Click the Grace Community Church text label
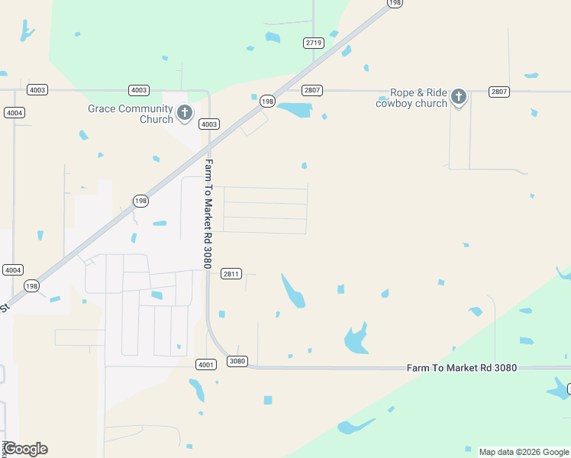(x=131, y=114)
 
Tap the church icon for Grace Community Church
(x=184, y=114)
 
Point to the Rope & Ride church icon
(x=458, y=96)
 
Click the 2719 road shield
(x=313, y=43)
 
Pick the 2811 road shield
(x=231, y=273)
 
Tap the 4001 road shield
(x=205, y=365)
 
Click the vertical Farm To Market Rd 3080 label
(x=208, y=214)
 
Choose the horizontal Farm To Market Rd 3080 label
(x=461, y=368)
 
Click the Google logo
(x=25, y=449)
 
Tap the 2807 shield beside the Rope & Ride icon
(x=498, y=92)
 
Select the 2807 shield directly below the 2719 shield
(x=311, y=90)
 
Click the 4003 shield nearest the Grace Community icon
(x=209, y=124)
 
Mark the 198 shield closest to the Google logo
(x=31, y=285)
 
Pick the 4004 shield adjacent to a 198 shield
(x=12, y=270)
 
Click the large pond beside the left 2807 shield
(x=295, y=109)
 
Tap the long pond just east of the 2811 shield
(x=293, y=291)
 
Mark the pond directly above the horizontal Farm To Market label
(x=356, y=338)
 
